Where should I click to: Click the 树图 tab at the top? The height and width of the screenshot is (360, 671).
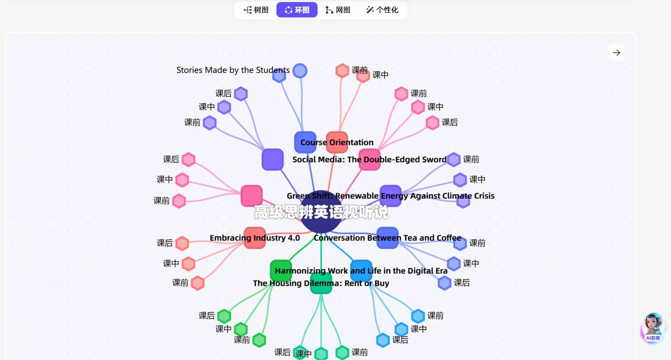256,10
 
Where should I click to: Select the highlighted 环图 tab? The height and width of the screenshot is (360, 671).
297,10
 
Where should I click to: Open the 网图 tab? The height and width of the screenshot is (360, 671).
338,10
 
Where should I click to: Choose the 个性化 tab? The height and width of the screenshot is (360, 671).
382,10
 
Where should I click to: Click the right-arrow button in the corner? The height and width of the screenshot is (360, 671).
616,53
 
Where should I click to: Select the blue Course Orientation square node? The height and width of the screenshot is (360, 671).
305,142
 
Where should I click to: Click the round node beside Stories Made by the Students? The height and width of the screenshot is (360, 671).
300,71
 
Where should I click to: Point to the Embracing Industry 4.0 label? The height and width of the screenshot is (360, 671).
255,238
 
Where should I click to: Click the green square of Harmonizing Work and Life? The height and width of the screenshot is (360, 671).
281,270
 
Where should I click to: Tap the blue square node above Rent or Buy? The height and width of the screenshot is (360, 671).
361,270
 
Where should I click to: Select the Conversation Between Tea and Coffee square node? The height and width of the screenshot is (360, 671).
387,238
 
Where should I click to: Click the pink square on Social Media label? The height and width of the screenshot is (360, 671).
369,160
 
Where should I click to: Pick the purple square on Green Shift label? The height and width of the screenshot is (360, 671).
391,196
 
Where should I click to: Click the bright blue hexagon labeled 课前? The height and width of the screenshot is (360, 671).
418,316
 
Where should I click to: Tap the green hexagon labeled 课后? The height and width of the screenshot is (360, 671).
224,316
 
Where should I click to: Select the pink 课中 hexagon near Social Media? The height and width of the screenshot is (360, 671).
418,107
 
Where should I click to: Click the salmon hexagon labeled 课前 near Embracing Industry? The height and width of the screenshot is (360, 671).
197,283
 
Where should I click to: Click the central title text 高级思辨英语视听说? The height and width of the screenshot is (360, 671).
321,212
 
